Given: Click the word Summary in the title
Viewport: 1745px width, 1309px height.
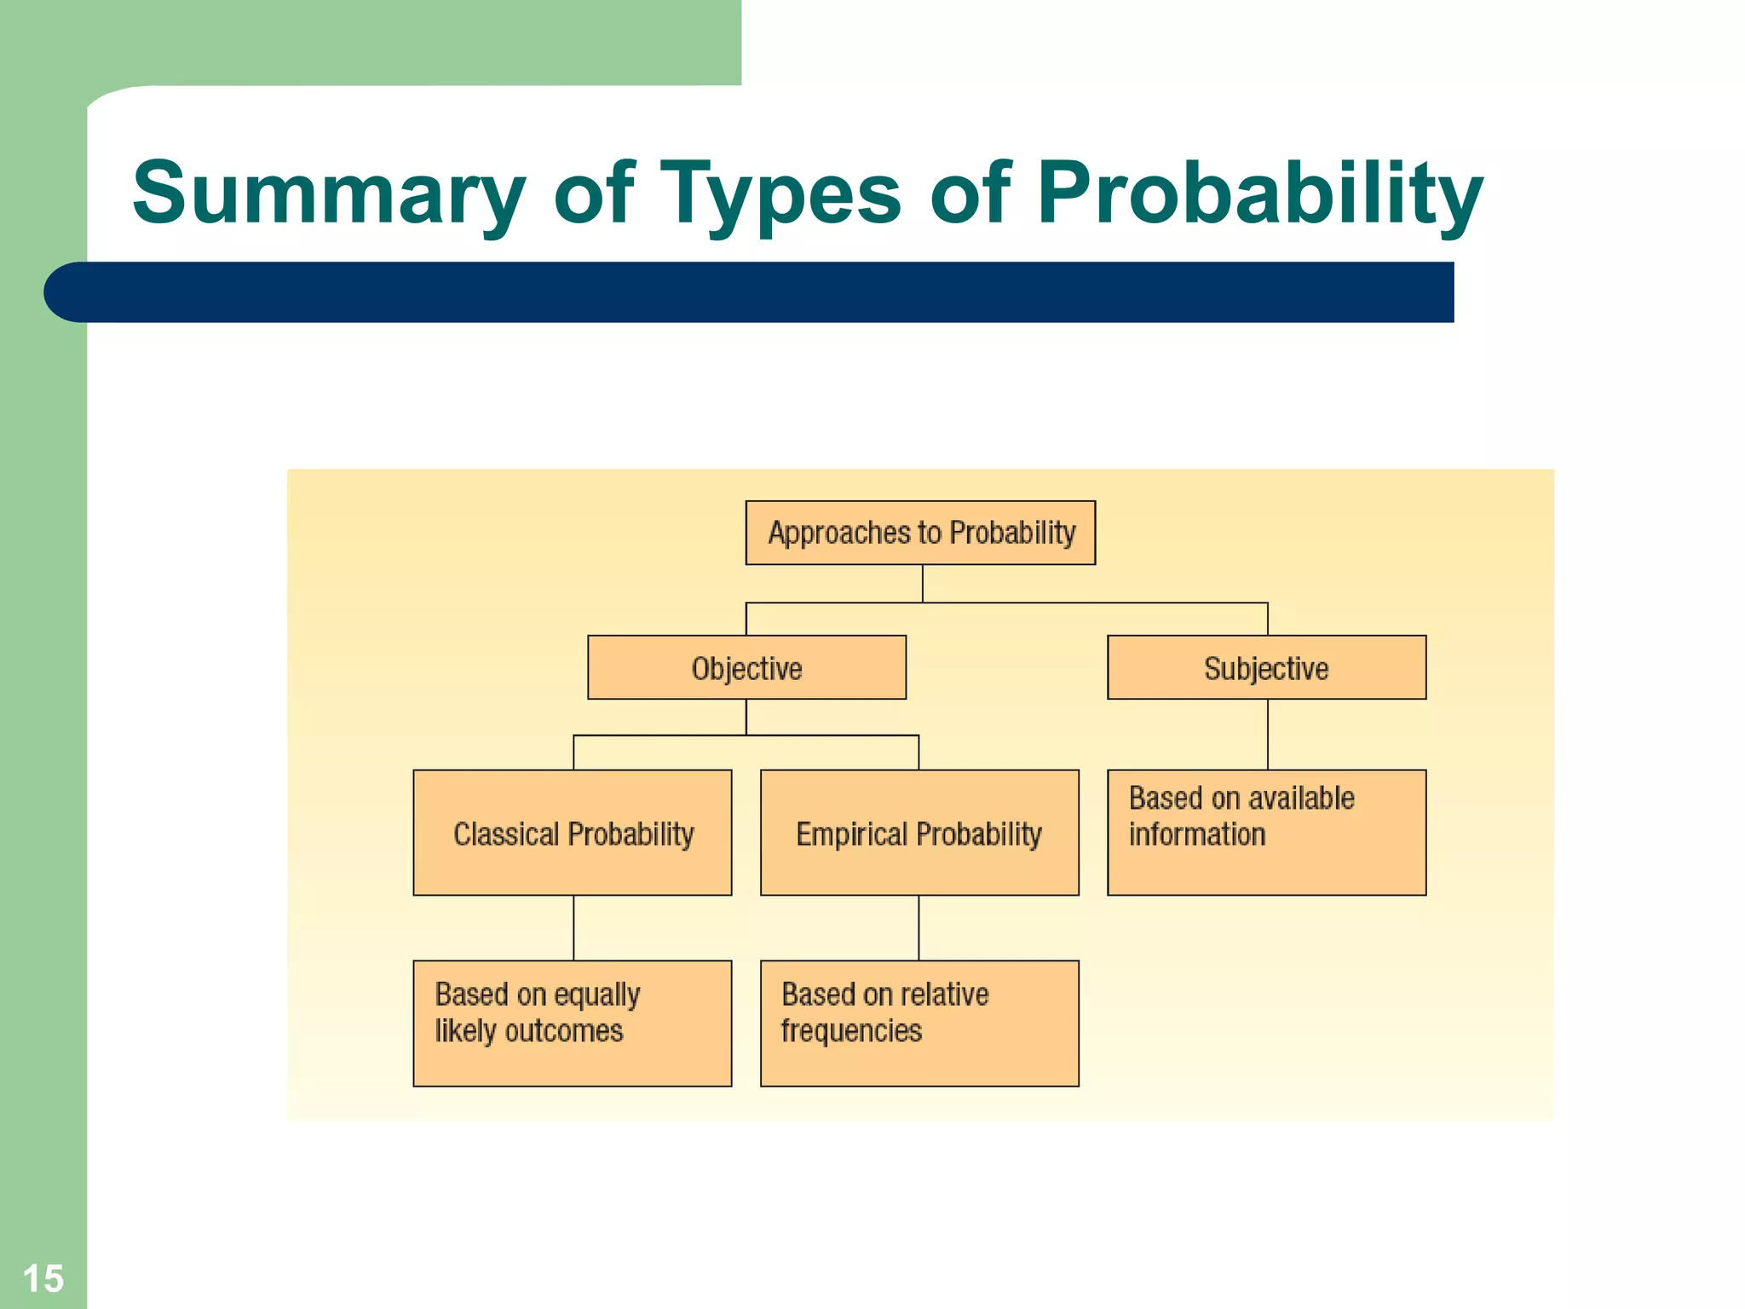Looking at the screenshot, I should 328,194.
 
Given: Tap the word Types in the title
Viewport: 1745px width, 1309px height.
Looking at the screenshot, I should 780,194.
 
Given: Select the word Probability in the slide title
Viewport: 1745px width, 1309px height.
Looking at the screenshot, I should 1259,194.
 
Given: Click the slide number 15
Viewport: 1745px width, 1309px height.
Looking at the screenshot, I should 43,1278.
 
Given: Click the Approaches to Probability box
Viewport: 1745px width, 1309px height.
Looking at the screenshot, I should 920,533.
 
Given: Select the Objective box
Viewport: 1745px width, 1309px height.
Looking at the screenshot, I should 746,667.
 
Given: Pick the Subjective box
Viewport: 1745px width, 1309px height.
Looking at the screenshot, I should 1266,667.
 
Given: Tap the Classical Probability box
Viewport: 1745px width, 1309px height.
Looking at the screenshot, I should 573,833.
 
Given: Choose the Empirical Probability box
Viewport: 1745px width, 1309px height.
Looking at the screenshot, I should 919,833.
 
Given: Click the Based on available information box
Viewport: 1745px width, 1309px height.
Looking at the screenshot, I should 1266,833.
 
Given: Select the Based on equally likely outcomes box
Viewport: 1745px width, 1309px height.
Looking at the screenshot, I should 573,1023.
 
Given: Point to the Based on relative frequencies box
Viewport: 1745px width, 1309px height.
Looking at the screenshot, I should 919,1023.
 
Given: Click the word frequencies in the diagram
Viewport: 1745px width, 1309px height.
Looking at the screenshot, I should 851,1031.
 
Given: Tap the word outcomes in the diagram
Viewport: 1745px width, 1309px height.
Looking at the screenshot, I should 564,1031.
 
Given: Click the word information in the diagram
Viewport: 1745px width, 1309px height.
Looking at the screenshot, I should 1197,834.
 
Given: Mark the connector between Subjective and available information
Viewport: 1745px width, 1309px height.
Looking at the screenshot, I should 1268,735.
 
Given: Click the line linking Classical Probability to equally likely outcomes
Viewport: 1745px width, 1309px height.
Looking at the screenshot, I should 573,927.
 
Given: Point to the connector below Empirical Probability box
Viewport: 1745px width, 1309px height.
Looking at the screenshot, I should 919,927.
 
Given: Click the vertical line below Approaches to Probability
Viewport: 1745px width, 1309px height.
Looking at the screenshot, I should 923,584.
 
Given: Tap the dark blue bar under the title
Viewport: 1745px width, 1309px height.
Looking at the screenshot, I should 750,292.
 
